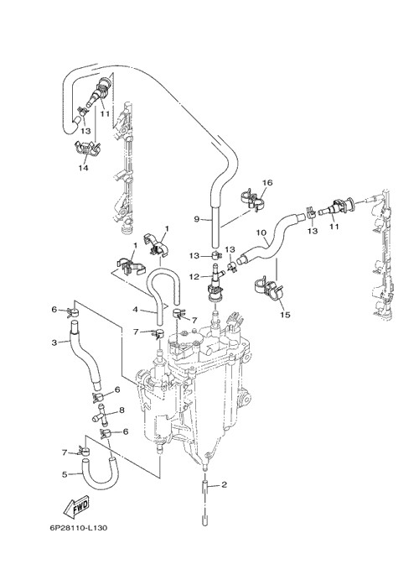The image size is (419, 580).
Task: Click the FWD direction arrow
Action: [76, 506]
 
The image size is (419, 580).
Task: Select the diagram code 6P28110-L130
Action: [79, 528]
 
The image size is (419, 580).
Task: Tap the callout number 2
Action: [224, 484]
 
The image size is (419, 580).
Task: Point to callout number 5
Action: [65, 474]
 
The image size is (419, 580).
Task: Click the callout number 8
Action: [122, 410]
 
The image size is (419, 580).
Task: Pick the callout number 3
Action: [54, 342]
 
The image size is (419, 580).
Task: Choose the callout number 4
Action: [135, 309]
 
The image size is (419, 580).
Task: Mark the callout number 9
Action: [197, 219]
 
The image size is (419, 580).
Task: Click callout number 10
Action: [261, 233]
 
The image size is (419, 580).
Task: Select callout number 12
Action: [194, 277]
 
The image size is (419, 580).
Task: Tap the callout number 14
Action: [84, 168]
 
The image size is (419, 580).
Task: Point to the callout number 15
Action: [285, 315]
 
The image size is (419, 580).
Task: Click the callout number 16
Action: [267, 183]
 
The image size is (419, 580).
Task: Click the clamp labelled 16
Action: [251, 200]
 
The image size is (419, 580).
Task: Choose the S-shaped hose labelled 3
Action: [84, 355]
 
